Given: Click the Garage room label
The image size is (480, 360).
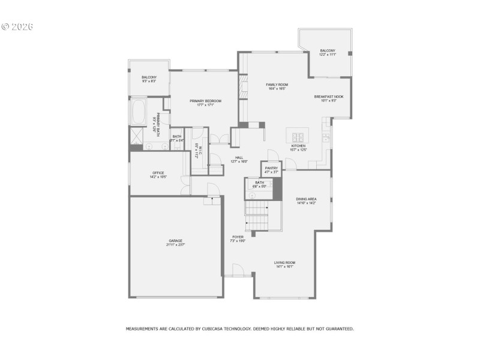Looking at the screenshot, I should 175,241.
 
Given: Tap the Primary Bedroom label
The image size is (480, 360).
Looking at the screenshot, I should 205,101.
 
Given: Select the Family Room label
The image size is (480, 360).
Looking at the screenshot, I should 277,85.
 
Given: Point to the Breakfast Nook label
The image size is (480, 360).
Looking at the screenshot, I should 328,97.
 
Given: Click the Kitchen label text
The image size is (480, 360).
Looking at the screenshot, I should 298,146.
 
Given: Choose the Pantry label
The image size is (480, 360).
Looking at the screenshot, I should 271,168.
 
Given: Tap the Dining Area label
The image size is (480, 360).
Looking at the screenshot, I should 306,199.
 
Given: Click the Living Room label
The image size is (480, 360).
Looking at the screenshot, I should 285,262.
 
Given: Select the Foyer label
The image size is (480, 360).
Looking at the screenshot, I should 238,237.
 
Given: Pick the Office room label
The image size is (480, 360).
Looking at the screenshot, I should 157,173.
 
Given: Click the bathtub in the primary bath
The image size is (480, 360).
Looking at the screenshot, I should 138,112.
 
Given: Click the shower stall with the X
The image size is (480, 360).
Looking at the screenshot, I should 136,137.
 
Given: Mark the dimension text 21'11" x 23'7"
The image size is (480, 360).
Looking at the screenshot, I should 175,245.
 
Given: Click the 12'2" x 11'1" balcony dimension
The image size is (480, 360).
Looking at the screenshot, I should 327,55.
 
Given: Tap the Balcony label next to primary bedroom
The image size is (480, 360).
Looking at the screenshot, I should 149,77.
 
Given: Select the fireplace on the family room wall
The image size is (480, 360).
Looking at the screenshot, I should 244,87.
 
